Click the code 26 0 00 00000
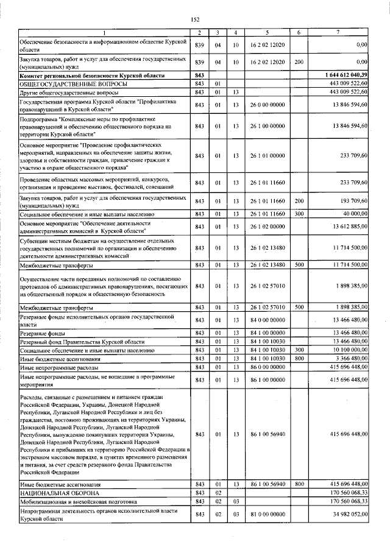click(x=267, y=105)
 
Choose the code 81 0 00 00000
click(x=267, y=515)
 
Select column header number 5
click(x=267, y=32)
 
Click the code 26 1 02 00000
click(x=267, y=227)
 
